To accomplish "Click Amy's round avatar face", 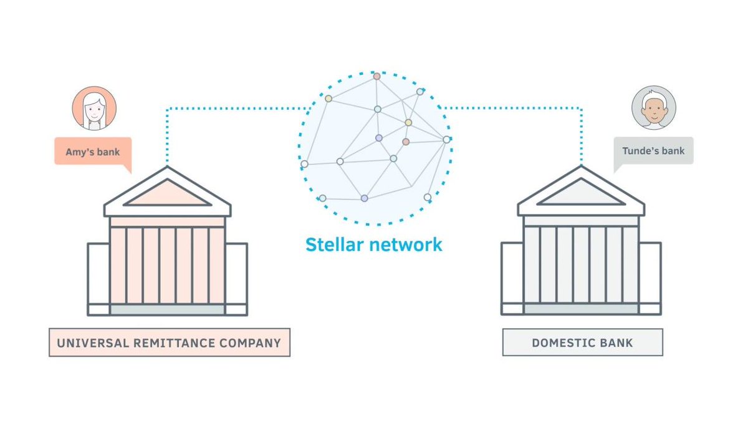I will [x=94, y=109].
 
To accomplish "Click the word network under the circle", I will [x=405, y=244].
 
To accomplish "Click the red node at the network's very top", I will [x=376, y=77].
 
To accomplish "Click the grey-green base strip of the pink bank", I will [x=167, y=309].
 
